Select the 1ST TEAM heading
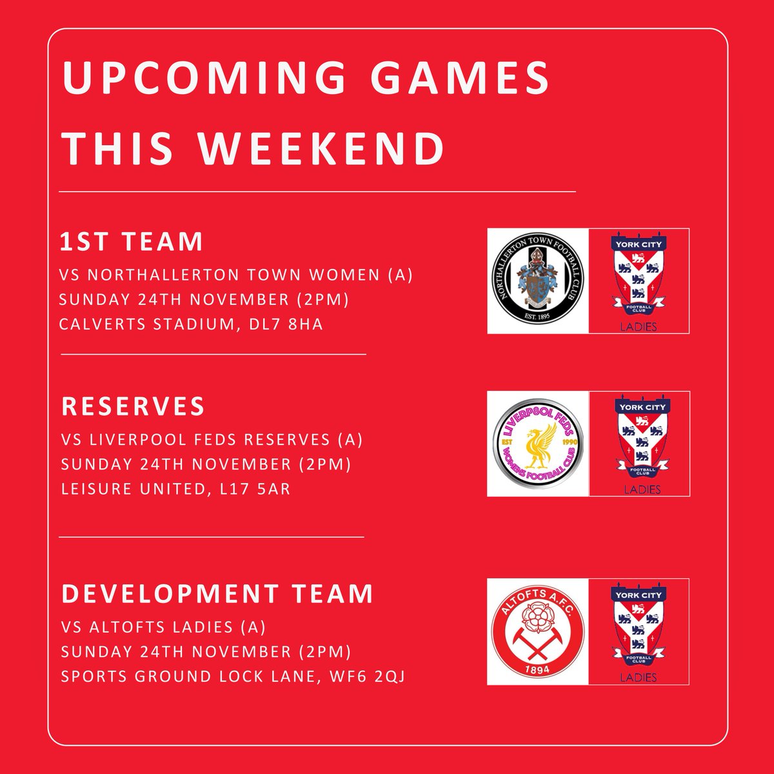tap(132, 242)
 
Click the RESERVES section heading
tap(133, 406)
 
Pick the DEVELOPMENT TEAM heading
tap(217, 593)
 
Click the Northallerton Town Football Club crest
tap(538, 281)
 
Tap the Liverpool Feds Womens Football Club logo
tap(538, 444)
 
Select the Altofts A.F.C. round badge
tap(538, 631)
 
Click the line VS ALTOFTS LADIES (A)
tap(163, 627)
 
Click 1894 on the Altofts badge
tap(538, 671)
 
